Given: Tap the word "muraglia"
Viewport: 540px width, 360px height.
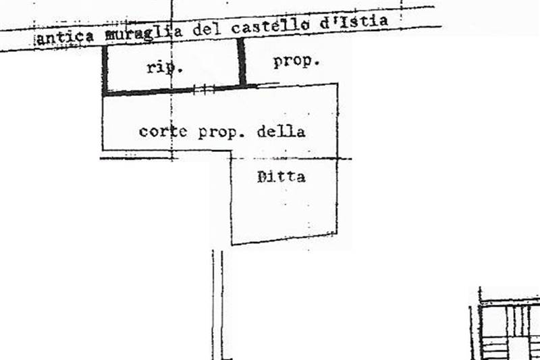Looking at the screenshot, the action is click(x=144, y=33).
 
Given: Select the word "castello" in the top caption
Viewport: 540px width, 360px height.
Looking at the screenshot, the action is click(x=270, y=26).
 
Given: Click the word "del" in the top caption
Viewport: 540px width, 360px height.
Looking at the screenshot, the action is click(x=207, y=30).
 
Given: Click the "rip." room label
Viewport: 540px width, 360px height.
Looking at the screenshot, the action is click(x=164, y=67).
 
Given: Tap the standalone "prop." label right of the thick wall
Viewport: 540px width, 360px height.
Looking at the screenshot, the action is click(x=296, y=62).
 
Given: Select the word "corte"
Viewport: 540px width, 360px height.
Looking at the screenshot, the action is click(x=163, y=131).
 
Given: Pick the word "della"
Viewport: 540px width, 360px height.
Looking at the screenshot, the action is click(x=281, y=131).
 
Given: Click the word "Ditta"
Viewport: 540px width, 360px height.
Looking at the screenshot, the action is click(x=281, y=177).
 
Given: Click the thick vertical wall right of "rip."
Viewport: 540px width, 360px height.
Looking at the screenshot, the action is click(x=242, y=62).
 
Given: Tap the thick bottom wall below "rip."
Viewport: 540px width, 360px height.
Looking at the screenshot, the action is click(x=179, y=91).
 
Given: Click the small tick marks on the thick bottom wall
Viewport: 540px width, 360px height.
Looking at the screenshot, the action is click(x=204, y=90).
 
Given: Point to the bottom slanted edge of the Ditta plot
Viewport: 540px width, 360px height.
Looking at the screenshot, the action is click(x=284, y=239).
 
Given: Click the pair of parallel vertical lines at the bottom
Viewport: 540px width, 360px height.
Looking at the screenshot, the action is click(x=217, y=305).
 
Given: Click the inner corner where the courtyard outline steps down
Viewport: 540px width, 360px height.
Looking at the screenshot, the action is click(x=231, y=151).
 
